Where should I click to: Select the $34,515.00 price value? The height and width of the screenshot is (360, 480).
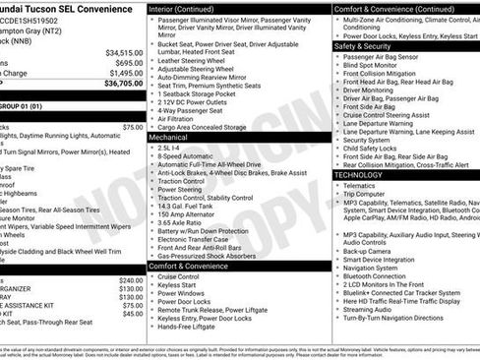click(x=124, y=52)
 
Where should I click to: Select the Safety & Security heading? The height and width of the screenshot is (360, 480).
click(x=362, y=45)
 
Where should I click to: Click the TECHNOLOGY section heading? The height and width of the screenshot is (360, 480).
click(x=358, y=174)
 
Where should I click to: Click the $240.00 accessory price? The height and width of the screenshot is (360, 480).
click(x=131, y=280)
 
